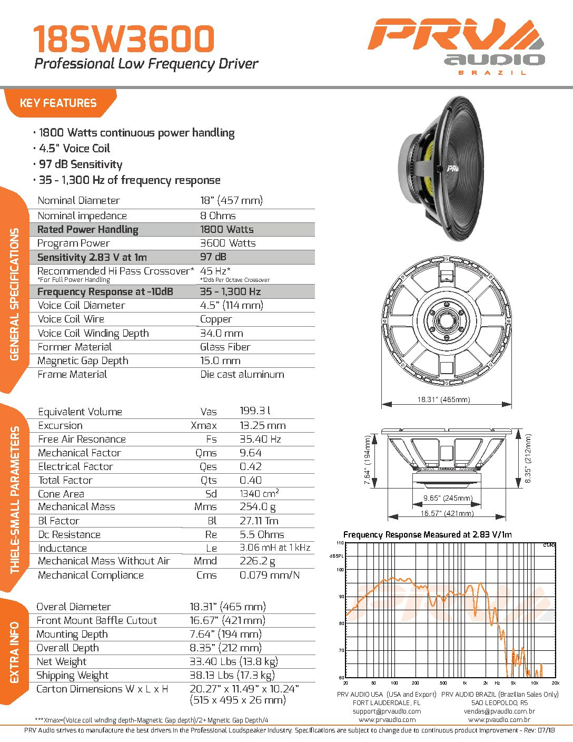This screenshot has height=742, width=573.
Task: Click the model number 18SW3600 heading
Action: tap(124, 39)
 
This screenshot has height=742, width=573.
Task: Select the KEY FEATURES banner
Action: tap(58, 103)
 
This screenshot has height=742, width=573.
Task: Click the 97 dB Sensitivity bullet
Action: tap(80, 164)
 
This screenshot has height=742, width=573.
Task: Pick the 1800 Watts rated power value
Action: tap(226, 229)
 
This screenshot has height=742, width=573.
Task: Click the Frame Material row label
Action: tap(72, 375)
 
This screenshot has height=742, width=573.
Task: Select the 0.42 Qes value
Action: tap(251, 467)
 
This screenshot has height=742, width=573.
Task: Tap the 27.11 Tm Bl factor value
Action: tap(259, 521)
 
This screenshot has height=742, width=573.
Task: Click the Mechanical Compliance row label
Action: tap(91, 575)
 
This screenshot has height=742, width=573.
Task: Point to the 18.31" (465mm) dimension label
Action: tap(443, 400)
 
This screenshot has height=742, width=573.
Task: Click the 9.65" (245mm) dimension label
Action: tap(448, 499)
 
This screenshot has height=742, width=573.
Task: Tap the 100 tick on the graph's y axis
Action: tap(340, 570)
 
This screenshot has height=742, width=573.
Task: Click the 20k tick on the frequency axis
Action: tap(555, 683)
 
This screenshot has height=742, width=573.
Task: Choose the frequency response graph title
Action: tap(427, 535)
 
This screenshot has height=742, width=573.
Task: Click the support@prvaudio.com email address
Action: tap(387, 711)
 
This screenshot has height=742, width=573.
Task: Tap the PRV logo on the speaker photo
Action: tap(452, 169)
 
